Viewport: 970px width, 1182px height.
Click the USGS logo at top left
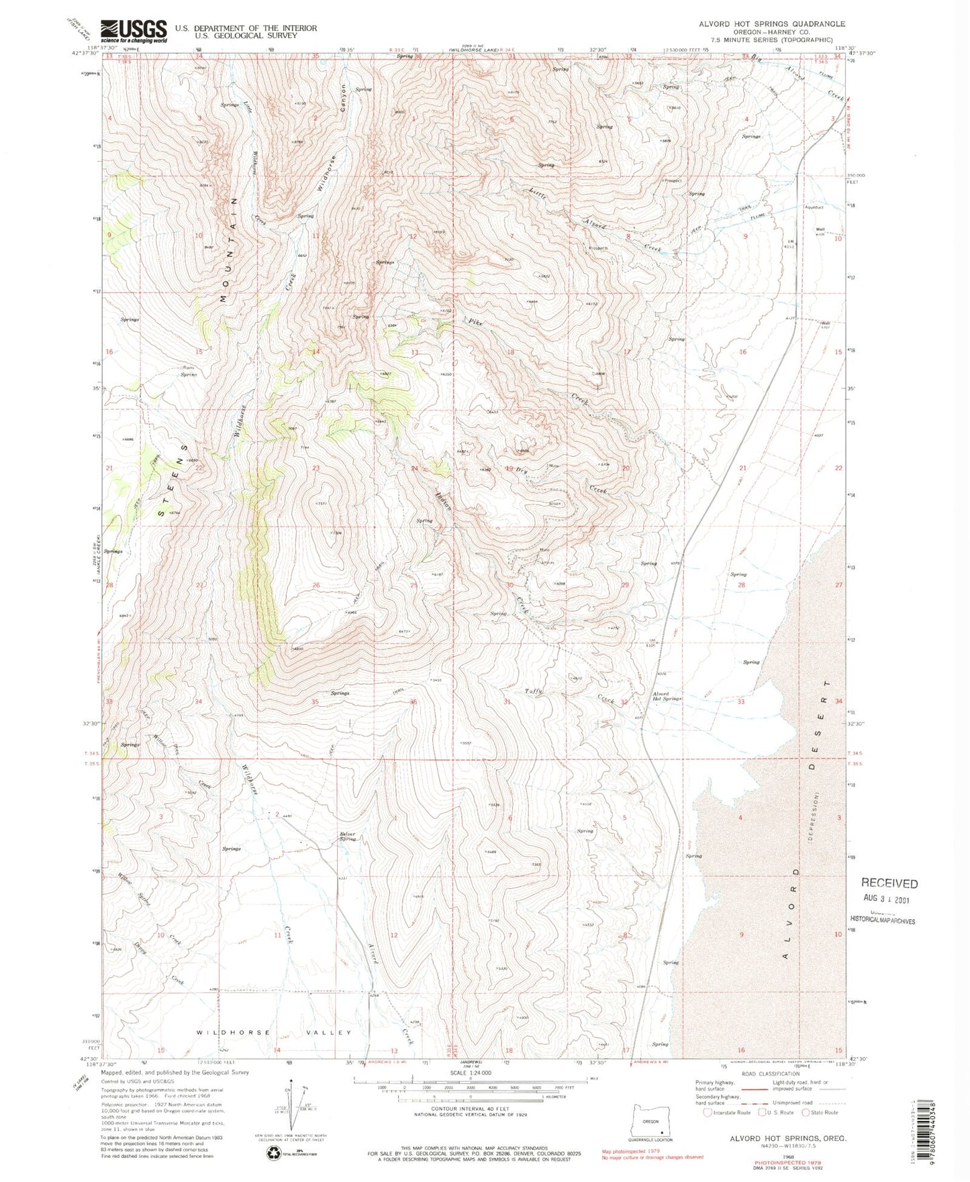(x=134, y=30)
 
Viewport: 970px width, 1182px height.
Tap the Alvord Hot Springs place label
(x=667, y=696)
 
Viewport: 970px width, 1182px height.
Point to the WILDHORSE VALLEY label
(x=274, y=1032)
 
